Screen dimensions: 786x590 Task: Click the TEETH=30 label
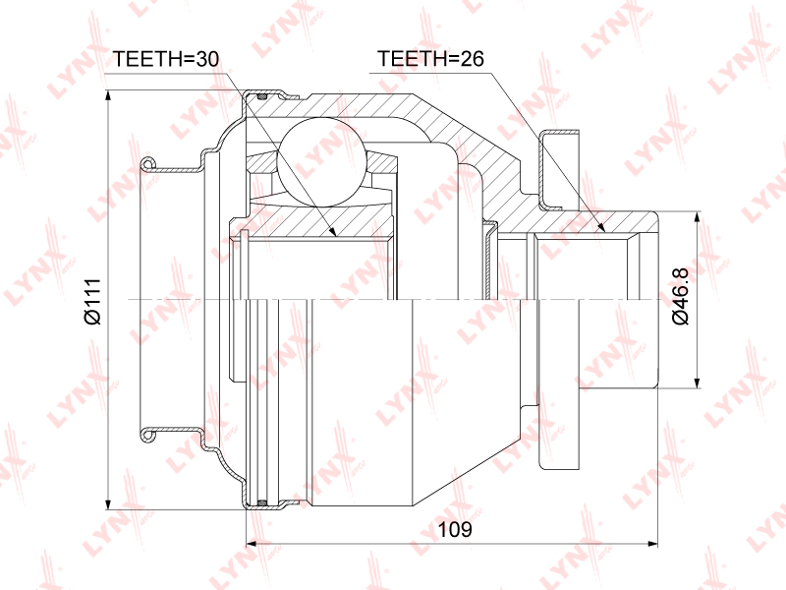(x=166, y=59)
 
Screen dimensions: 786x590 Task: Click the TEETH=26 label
(x=430, y=59)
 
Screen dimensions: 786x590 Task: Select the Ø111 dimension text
(x=93, y=302)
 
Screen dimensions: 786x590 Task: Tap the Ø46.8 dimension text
(x=681, y=296)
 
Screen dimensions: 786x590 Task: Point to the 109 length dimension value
(x=455, y=529)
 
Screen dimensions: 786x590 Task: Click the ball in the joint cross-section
(x=320, y=161)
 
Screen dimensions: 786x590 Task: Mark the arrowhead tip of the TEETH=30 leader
(x=335, y=235)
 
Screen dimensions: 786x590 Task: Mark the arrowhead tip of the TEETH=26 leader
(x=605, y=232)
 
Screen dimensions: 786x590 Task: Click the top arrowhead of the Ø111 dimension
(x=107, y=90)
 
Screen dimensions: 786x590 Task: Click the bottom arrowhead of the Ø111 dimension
(x=107, y=509)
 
